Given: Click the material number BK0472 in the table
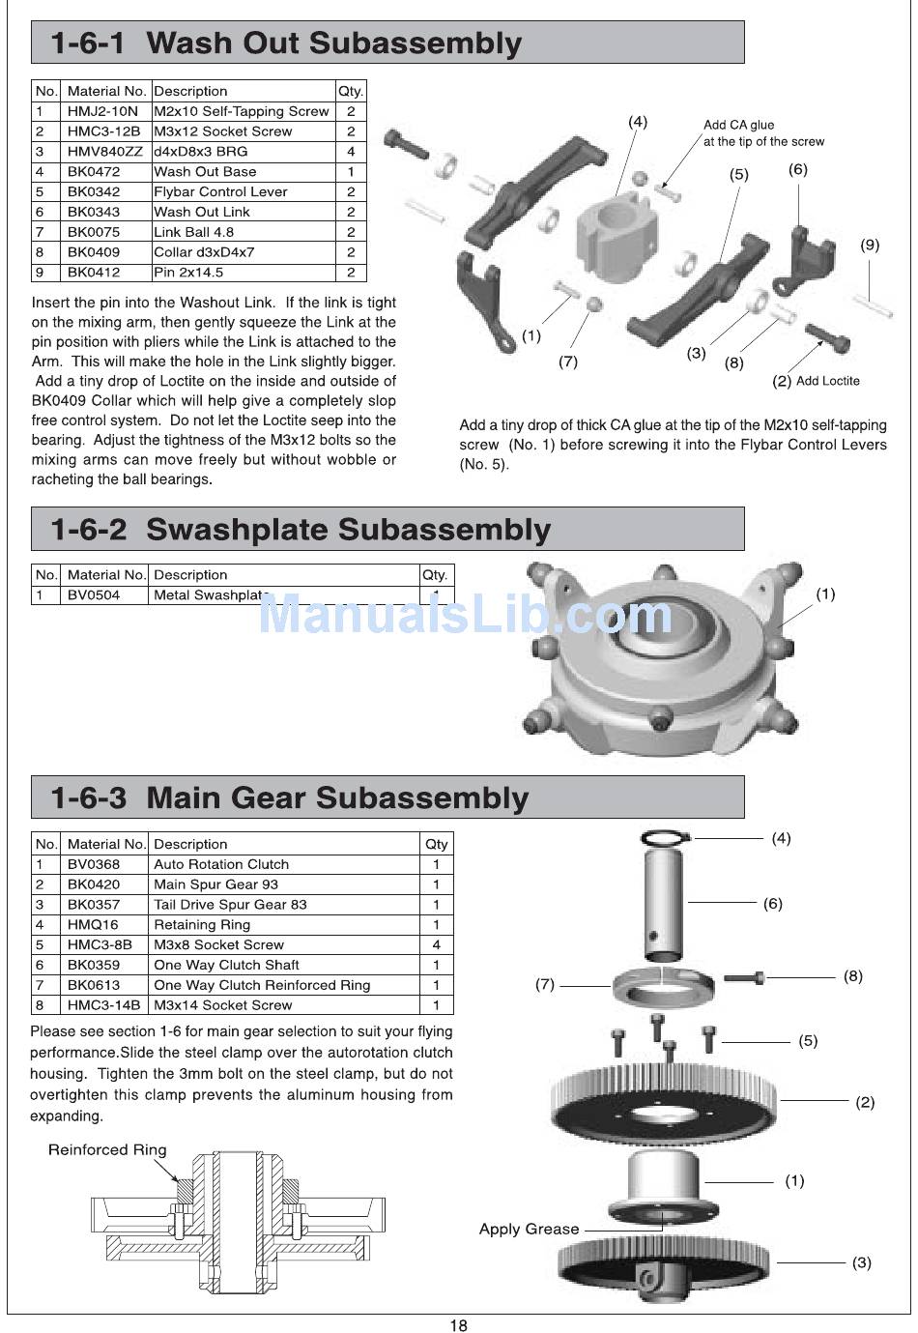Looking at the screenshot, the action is [94, 172].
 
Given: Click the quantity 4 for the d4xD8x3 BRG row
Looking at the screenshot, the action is [351, 152].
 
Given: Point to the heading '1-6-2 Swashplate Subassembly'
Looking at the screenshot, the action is [301, 529].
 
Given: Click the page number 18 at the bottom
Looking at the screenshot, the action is [459, 1324].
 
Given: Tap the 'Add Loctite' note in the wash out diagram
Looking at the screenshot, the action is [827, 381].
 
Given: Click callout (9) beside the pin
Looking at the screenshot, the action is [870, 245].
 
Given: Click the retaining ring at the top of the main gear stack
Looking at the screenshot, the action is [665, 838].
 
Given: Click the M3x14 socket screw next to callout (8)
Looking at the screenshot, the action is [744, 977].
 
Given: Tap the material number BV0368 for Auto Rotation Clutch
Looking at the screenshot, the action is [94, 864].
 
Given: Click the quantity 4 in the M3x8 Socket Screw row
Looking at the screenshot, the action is [436, 944].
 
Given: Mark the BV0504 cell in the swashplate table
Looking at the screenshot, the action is [94, 595].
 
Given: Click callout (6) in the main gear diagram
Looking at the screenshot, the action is [772, 904].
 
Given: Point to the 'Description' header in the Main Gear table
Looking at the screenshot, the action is [190, 844].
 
